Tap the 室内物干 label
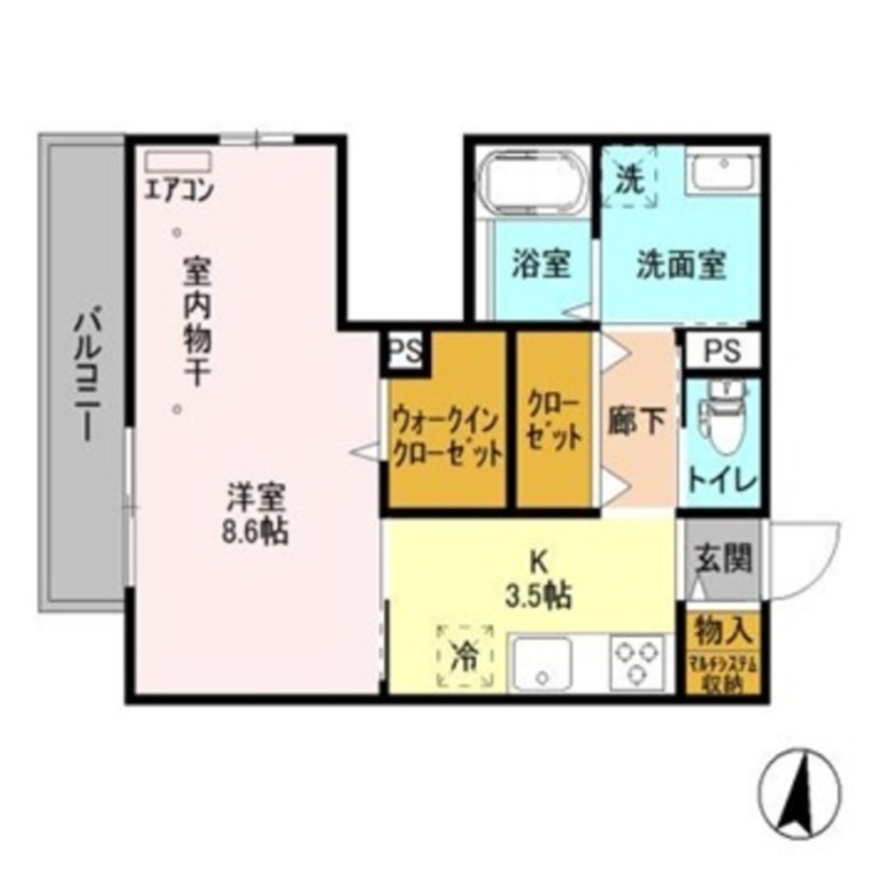point(196,320)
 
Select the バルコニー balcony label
point(85,372)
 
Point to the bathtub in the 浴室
point(532,182)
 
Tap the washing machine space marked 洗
point(629,182)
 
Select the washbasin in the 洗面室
point(722,173)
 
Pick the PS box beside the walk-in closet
point(405,352)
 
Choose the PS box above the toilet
point(722,351)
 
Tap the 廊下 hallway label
point(636,421)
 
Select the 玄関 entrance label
point(722,558)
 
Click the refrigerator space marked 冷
point(463,656)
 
